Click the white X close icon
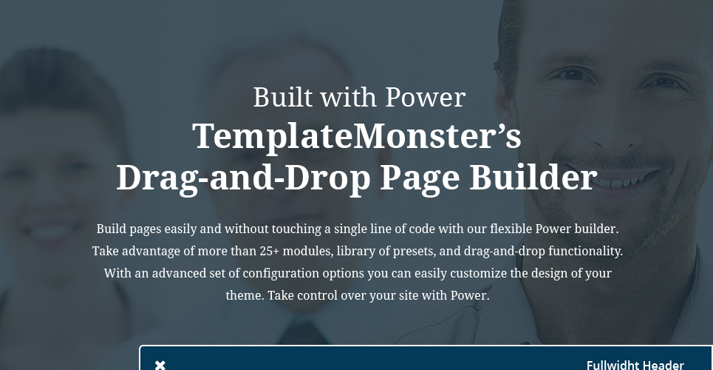(160, 365)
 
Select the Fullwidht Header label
(635, 365)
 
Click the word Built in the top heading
(283, 97)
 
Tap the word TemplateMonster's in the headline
(357, 136)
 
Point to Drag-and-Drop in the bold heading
(243, 178)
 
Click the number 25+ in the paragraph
(270, 251)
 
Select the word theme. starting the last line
(245, 296)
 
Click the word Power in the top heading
(425, 97)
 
